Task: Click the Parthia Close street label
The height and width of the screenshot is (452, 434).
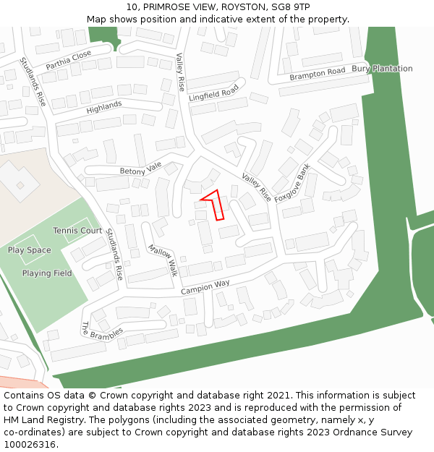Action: pos(69,60)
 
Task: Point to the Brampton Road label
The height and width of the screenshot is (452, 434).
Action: pos(318,74)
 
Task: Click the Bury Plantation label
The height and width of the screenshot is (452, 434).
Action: pos(382,69)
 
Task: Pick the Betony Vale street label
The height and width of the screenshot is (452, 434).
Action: pos(141,169)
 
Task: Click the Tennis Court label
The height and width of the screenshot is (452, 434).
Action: pos(77,231)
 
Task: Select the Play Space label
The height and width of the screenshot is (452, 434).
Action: pos(30,250)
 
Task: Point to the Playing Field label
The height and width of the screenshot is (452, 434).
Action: pos(47,273)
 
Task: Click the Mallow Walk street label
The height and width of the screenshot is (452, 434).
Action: pos(162,260)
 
